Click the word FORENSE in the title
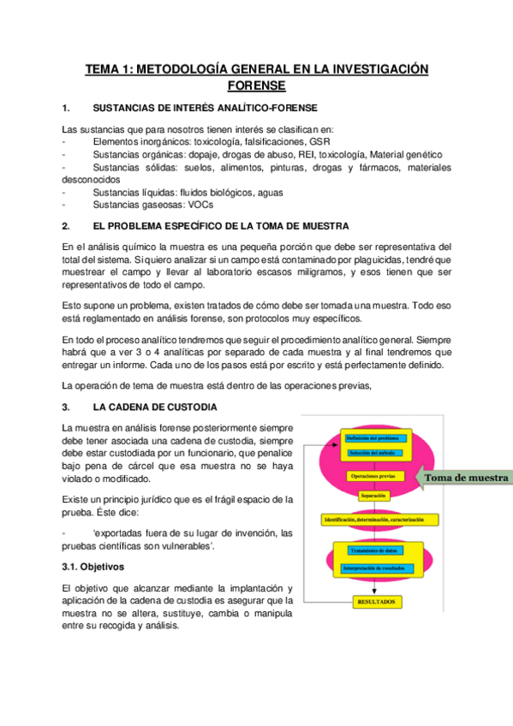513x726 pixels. (256, 86)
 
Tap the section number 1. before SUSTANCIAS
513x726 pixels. (66, 108)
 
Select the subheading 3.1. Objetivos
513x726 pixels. (93, 567)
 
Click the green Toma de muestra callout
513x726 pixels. (466, 478)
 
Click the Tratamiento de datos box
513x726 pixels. (374, 550)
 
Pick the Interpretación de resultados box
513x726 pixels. (375, 568)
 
